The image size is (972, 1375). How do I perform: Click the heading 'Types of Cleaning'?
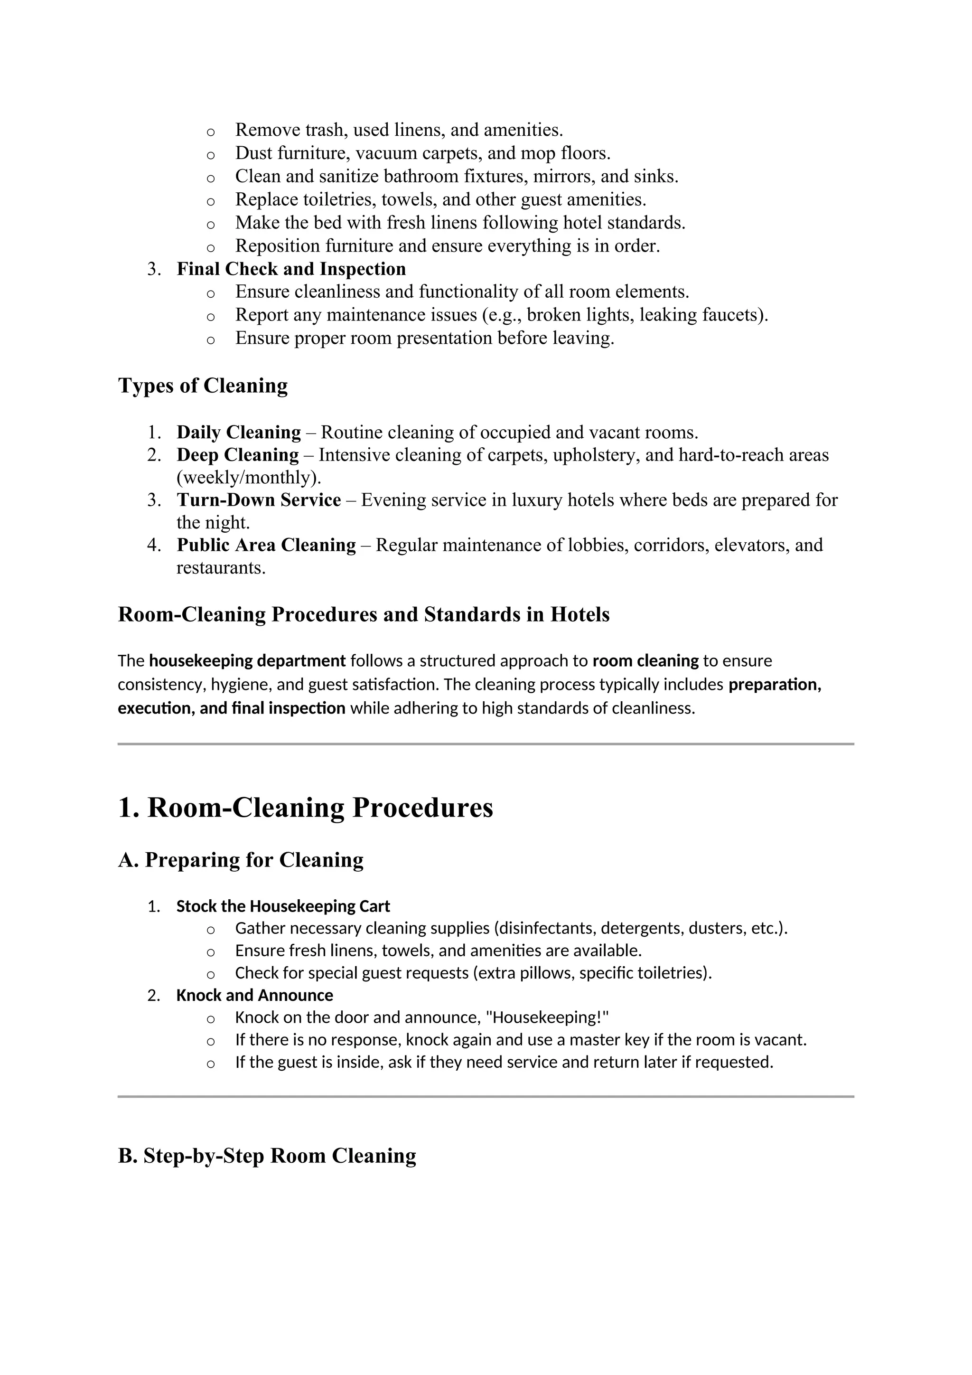(x=203, y=386)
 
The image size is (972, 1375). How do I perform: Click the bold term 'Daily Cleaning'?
(x=238, y=433)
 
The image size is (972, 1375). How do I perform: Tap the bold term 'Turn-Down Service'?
(x=259, y=500)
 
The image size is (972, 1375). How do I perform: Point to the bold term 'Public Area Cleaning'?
(x=266, y=545)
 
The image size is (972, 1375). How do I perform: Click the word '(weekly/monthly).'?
(x=248, y=478)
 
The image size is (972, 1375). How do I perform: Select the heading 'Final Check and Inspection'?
(x=291, y=269)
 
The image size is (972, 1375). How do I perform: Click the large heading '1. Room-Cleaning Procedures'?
(x=305, y=808)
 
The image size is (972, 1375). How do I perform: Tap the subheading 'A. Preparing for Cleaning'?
(x=241, y=861)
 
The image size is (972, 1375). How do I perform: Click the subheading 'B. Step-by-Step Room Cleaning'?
(x=267, y=1156)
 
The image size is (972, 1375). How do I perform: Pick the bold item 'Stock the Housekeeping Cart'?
(x=282, y=907)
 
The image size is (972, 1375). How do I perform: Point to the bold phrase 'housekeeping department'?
(x=247, y=661)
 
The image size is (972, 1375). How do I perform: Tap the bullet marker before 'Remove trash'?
(x=210, y=131)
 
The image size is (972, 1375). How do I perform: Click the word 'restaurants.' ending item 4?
(x=221, y=568)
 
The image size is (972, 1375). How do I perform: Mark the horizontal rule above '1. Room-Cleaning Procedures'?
(x=486, y=744)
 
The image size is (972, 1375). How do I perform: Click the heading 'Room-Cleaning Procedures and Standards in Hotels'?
(x=363, y=615)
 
